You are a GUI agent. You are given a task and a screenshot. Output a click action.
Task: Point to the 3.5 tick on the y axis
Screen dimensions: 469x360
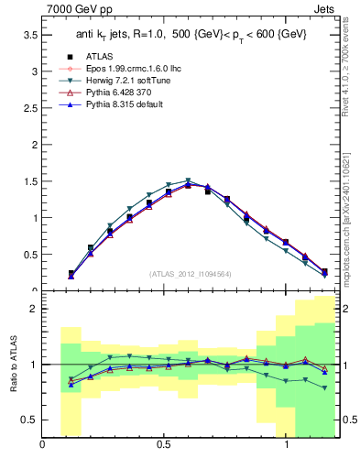pos(28,35)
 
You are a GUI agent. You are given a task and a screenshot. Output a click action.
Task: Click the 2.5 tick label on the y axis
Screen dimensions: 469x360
pos(28,108)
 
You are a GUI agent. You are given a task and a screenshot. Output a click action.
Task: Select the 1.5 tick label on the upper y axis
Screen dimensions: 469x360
pos(28,181)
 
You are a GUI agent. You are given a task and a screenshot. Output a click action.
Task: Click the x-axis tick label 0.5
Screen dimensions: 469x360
pos(165,445)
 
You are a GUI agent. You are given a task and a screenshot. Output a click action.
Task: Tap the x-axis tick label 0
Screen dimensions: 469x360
pos(43,445)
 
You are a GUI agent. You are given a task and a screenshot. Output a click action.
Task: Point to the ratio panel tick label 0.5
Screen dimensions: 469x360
pos(28,420)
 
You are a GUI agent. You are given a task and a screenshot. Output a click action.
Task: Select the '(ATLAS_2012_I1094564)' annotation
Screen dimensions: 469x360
pos(189,273)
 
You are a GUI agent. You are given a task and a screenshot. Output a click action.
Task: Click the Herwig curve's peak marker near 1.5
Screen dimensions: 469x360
pos(188,181)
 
